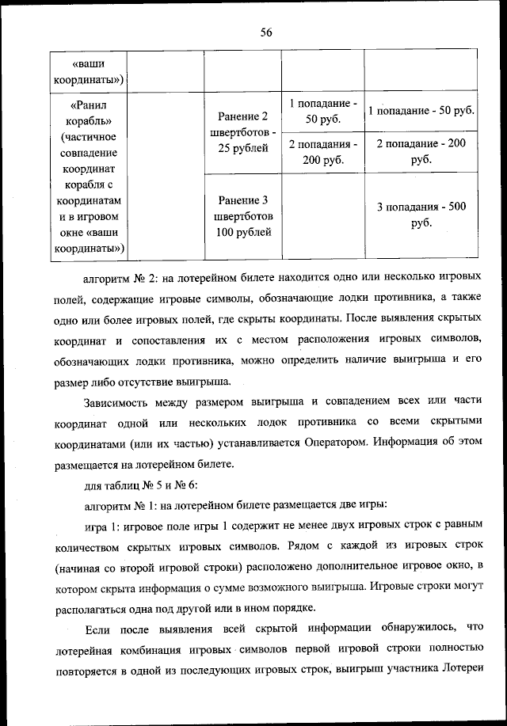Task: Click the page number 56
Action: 266,32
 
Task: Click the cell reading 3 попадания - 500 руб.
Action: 421,215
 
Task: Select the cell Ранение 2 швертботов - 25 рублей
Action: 244,132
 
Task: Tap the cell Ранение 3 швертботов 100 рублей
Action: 244,215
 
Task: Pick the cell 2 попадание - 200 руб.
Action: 421,151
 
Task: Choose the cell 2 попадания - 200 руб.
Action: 322,151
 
